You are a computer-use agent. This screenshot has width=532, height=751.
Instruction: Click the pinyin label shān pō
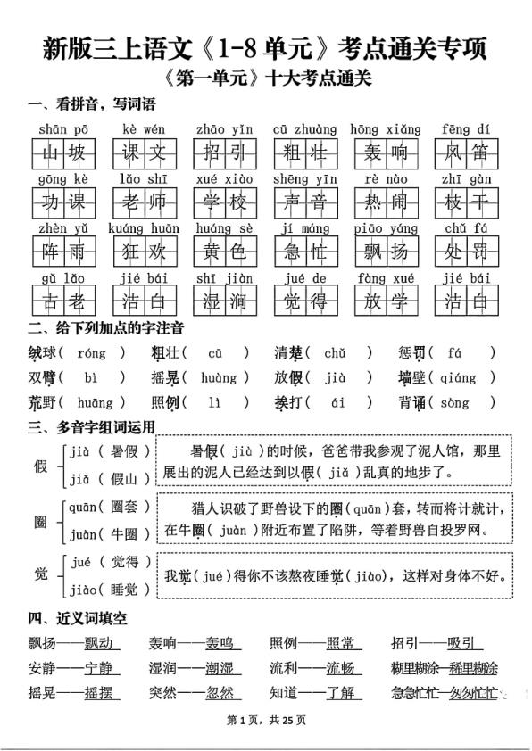tap(62, 130)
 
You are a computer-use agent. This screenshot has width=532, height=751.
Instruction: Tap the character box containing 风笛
tap(466, 154)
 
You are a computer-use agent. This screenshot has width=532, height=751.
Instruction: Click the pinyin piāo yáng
tap(381, 228)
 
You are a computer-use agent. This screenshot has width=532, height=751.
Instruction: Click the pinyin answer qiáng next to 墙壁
tap(457, 377)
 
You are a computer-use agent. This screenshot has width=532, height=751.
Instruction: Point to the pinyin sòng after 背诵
tap(454, 402)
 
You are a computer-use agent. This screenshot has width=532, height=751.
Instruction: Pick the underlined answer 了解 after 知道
tap(339, 693)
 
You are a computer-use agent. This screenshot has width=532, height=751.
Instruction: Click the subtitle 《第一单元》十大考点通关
tap(268, 78)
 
